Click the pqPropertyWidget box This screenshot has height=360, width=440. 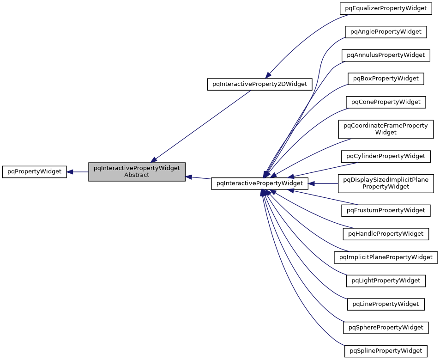(x=35, y=171)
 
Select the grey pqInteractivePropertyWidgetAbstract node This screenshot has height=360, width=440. (x=137, y=171)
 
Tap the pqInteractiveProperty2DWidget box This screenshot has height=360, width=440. (x=260, y=84)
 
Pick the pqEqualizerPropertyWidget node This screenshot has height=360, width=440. (x=386, y=8)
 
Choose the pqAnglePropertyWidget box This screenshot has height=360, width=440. (x=386, y=32)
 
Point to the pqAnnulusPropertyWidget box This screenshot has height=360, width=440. (x=386, y=55)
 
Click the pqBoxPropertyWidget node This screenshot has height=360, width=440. (x=386, y=79)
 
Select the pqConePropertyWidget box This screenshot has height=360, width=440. (x=386, y=102)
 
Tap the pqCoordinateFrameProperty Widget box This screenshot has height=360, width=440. (x=386, y=129)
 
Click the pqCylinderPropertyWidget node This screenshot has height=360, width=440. (x=386, y=156)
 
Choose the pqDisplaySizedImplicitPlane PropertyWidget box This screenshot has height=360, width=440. (x=386, y=183)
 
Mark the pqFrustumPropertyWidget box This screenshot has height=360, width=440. (x=386, y=210)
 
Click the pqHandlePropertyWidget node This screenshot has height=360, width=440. (x=386, y=234)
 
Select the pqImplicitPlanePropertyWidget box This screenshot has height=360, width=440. (x=386, y=257)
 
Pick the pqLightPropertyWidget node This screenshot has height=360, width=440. (x=386, y=281)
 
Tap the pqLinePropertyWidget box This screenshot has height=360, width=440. (x=386, y=304)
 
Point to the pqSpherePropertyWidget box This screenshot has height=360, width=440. (x=386, y=328)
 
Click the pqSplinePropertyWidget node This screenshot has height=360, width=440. (x=386, y=351)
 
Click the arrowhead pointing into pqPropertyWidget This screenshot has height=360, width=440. (x=70, y=172)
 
